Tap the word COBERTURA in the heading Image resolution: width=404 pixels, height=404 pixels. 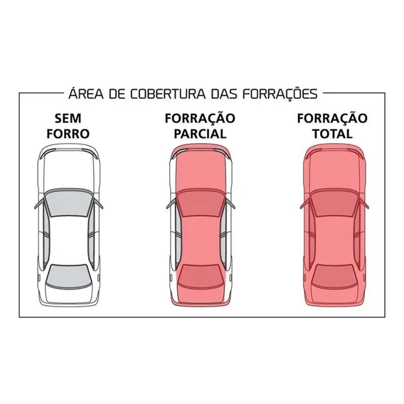coord(168,94)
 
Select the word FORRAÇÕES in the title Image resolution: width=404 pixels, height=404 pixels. coord(280,94)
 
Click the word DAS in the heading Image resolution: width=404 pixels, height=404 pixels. coord(224,94)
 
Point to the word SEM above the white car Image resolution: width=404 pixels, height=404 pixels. coord(68,118)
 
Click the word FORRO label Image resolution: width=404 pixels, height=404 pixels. coord(68,134)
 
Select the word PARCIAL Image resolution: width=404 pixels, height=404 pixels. coord(200,134)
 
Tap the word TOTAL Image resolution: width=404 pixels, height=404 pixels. coord(332,134)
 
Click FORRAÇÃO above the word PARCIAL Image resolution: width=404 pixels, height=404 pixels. coord(200,118)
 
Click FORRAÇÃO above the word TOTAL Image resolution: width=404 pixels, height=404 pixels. coord(332,118)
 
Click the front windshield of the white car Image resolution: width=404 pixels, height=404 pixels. coord(68,203)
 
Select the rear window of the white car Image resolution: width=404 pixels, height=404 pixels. coord(69,277)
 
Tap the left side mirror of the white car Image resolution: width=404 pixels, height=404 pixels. coord(39,204)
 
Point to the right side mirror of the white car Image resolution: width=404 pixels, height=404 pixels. coord(98,204)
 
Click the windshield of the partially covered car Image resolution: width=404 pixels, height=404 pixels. coord(200,203)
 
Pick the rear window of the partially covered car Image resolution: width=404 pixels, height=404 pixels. coord(201,277)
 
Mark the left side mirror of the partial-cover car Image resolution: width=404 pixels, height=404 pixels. coord(171,204)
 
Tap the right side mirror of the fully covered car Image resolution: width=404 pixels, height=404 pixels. coord(364,204)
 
